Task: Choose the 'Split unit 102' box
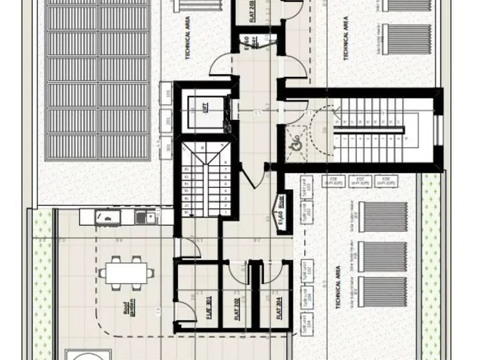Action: point(305,268)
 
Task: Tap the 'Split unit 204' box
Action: point(305,295)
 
